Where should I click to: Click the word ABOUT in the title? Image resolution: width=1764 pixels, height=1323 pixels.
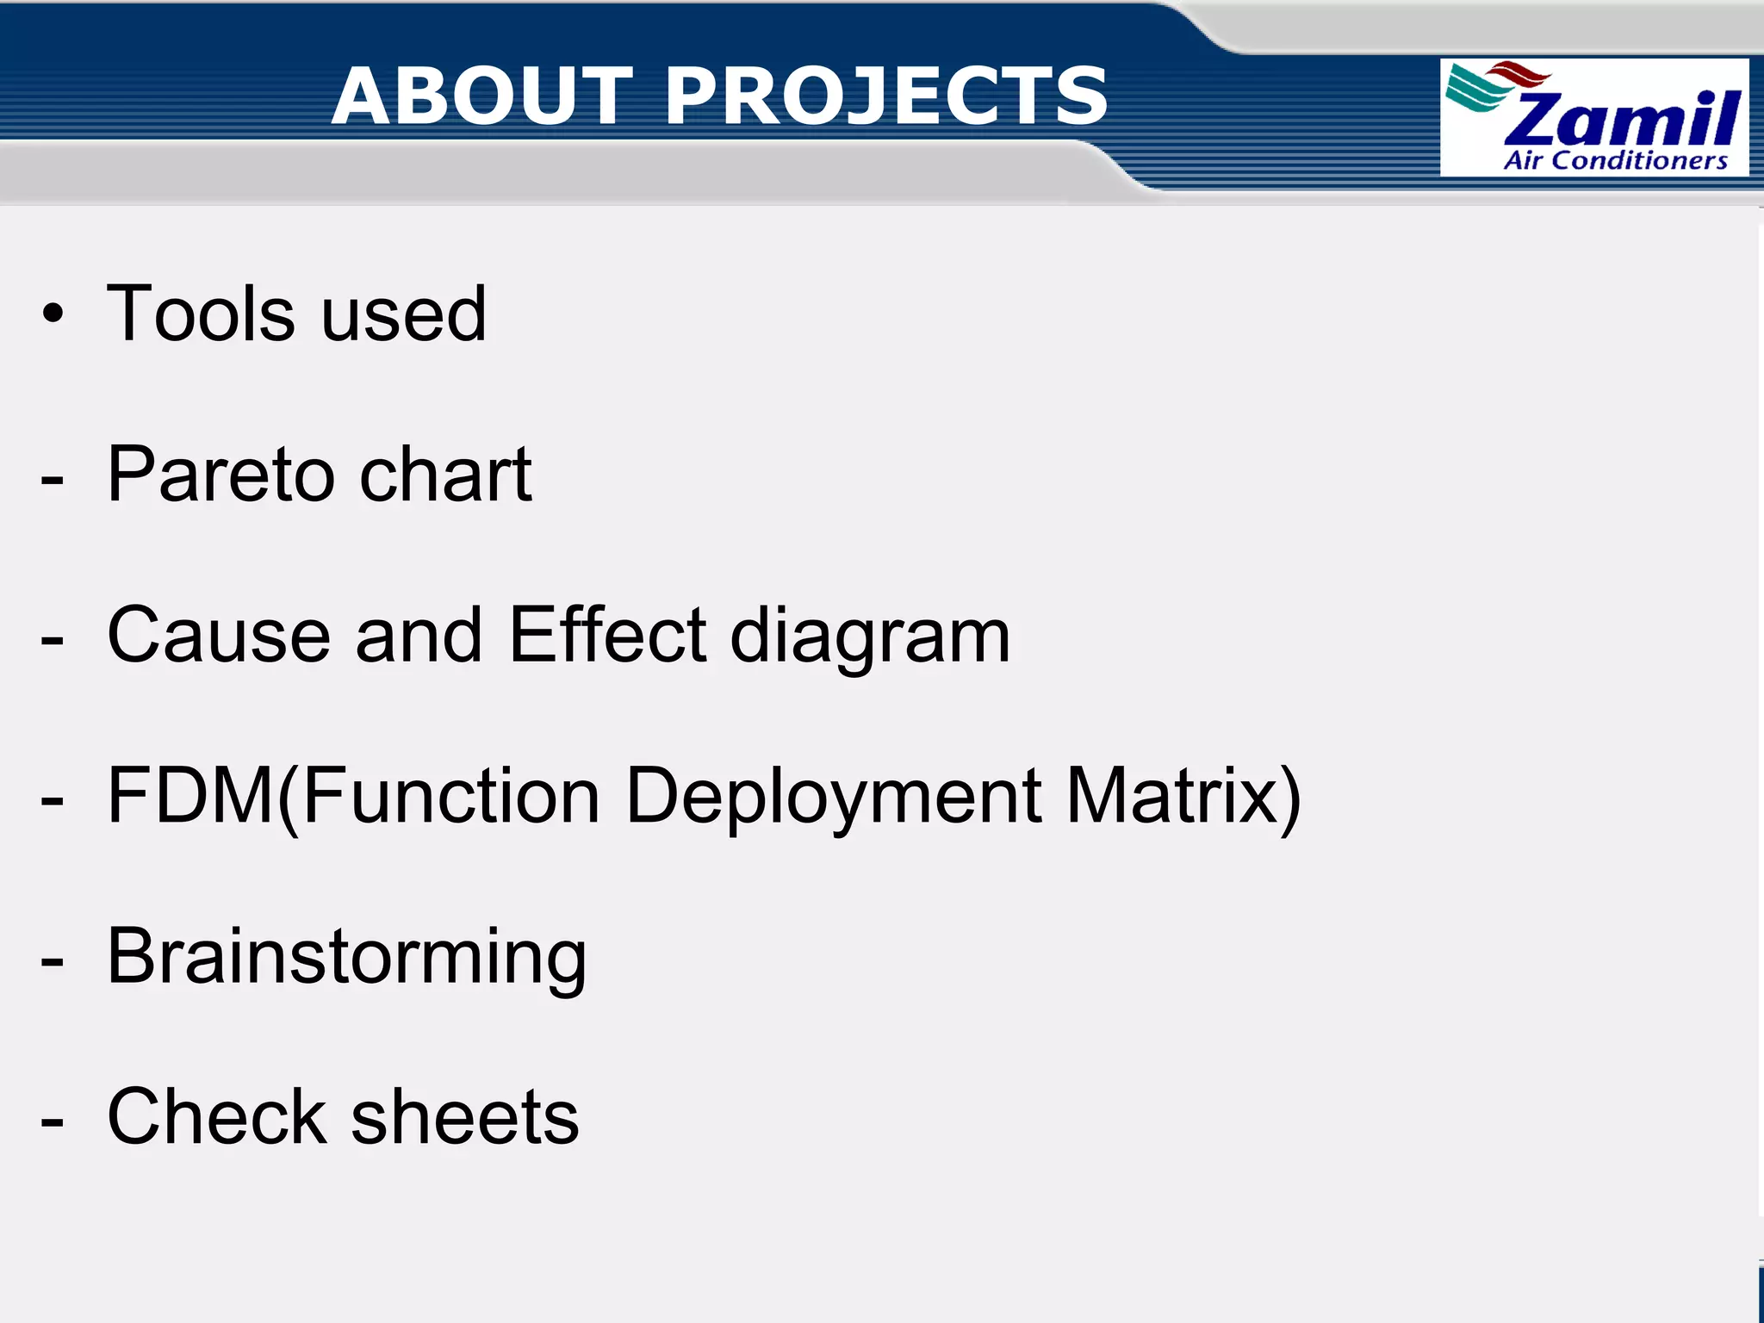click(x=482, y=96)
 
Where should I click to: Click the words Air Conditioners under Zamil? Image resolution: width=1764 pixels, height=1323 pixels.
click(x=1615, y=161)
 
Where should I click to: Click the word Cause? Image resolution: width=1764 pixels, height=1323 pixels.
click(x=219, y=636)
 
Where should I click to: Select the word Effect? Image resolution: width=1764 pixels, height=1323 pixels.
click(x=608, y=636)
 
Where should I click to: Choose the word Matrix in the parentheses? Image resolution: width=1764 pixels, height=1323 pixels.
click(x=1171, y=796)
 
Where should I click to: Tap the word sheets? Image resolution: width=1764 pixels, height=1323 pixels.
click(x=465, y=1117)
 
